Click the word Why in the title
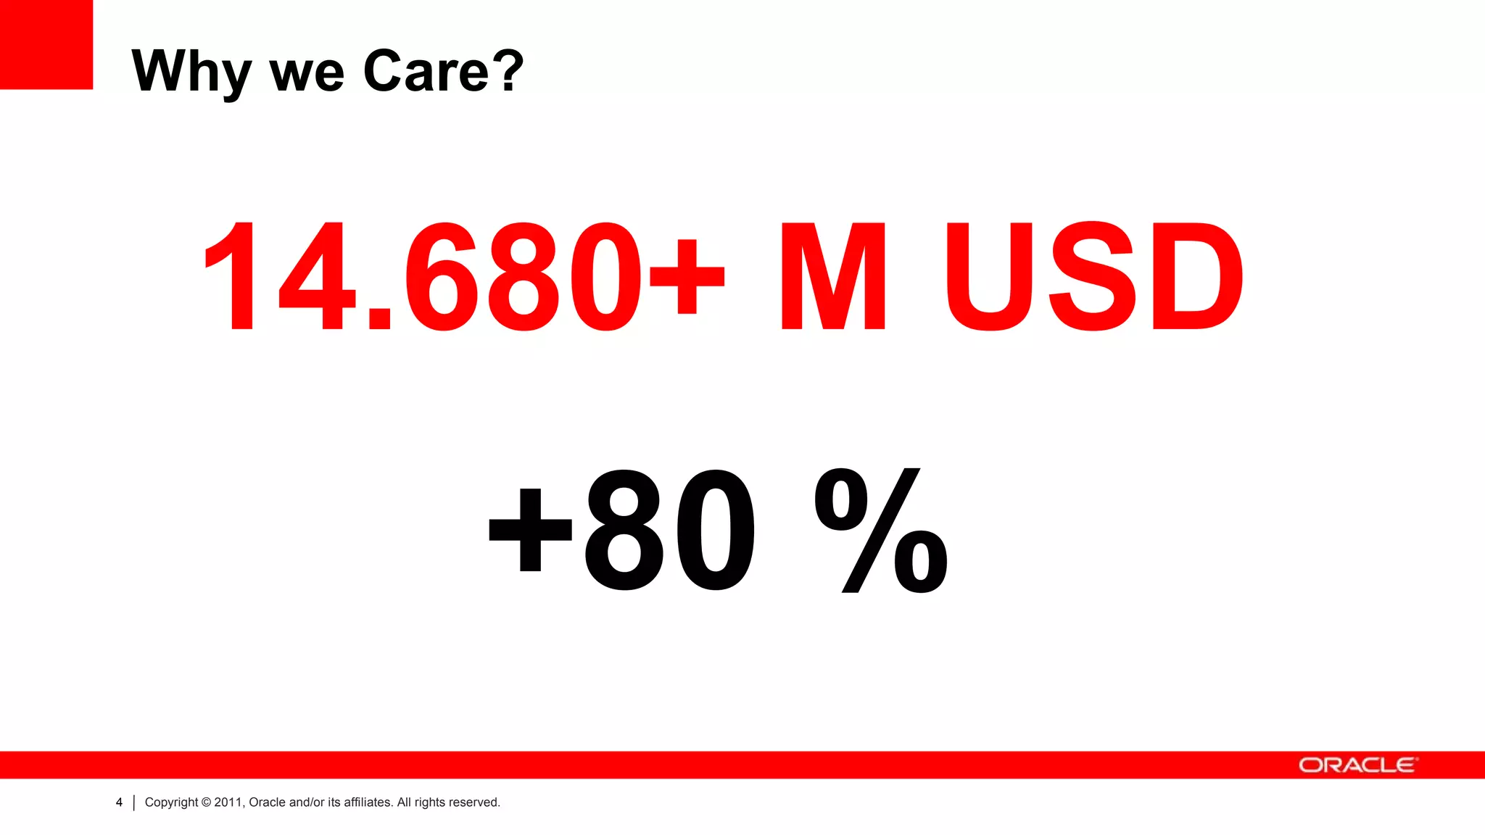[191, 71]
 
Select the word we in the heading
[307, 74]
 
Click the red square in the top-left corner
[46, 44]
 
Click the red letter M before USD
[833, 276]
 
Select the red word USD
[1093, 276]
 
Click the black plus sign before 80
[531, 529]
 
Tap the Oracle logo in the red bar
[1357, 765]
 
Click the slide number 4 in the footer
[119, 802]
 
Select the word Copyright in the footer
[171, 802]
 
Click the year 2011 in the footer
[228, 802]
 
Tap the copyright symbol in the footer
[206, 802]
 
